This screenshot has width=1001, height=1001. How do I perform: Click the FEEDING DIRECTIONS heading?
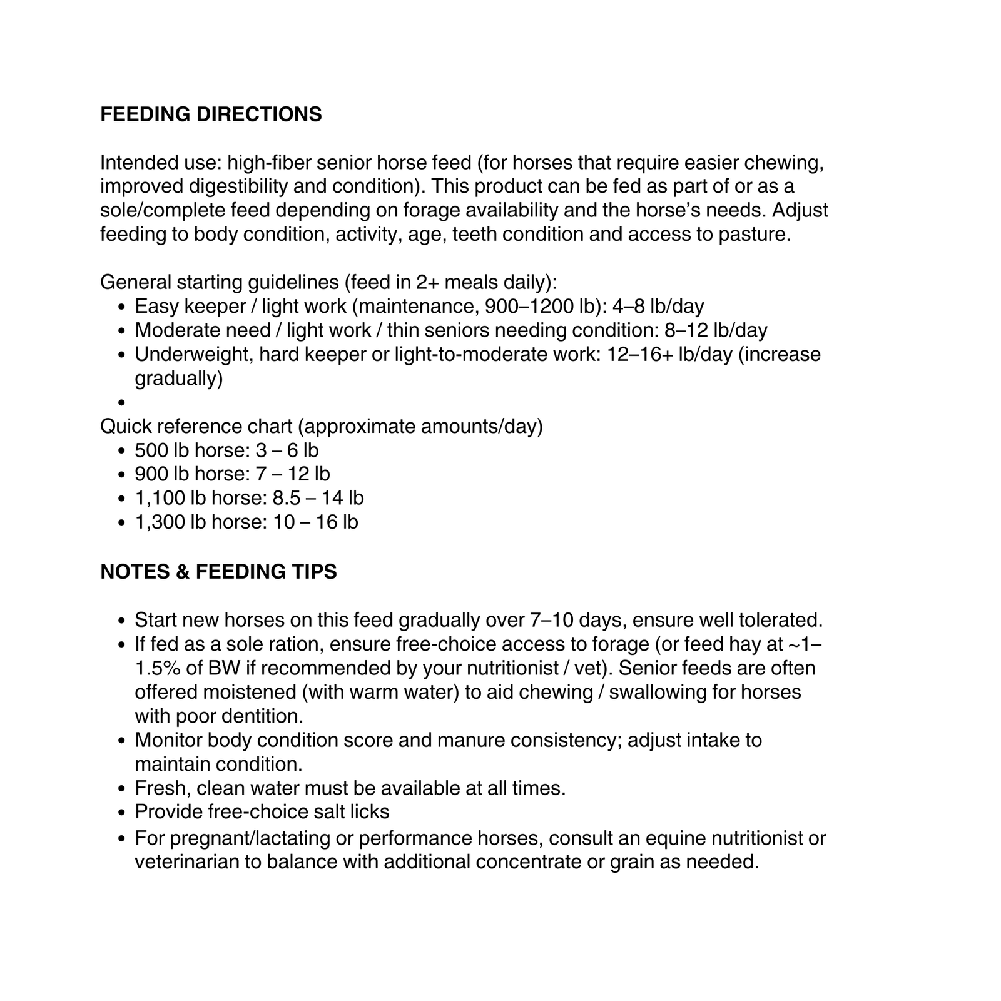point(211,114)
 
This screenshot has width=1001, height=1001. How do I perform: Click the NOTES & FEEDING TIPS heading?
point(218,572)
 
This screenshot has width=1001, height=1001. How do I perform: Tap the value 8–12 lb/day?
point(716,330)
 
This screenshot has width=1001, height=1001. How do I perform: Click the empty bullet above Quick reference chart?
point(121,403)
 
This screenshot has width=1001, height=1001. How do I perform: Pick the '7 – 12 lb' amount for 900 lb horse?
point(292,474)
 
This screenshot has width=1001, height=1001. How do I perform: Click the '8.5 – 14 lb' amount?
point(318,498)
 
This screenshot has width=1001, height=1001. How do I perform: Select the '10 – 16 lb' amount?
point(315,522)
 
